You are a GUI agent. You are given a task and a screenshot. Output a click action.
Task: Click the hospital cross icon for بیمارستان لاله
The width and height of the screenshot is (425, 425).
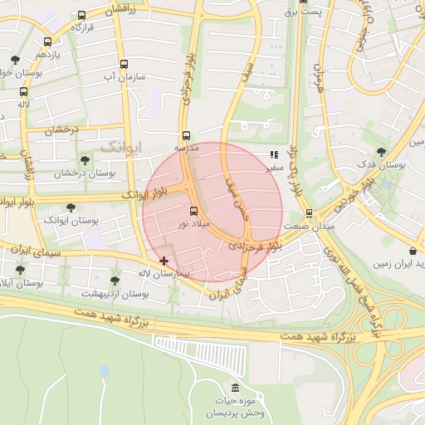coord(164,261)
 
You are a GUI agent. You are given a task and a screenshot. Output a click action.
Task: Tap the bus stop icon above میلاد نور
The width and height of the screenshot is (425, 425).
coord(193,211)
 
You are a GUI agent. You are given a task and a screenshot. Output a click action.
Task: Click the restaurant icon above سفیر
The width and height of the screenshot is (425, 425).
coord(274,154)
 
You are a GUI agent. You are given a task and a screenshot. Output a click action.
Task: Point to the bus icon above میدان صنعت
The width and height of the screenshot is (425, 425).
coord(309,212)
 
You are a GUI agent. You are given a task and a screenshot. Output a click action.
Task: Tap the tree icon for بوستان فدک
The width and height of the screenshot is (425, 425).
coord(381,152)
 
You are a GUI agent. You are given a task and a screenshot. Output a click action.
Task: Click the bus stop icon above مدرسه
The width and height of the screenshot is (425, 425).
coord(185,134)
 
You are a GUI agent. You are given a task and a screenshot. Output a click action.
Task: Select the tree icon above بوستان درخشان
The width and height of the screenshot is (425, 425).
coord(84,160)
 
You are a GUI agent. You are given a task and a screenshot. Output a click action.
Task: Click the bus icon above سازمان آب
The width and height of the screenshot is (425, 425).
coord(124,64)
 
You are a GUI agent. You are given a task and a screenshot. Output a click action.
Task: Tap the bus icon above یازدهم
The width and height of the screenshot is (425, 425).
coord(47,42)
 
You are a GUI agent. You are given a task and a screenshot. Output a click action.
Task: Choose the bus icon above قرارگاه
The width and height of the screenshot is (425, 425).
coord(81,15)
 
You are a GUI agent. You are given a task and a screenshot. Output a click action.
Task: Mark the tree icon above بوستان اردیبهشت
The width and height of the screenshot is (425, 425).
coord(115,281)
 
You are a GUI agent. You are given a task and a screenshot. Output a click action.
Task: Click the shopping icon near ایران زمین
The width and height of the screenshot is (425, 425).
coord(413,251)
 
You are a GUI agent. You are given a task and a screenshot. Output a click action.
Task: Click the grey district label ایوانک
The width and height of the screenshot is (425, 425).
coord(121,146)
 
